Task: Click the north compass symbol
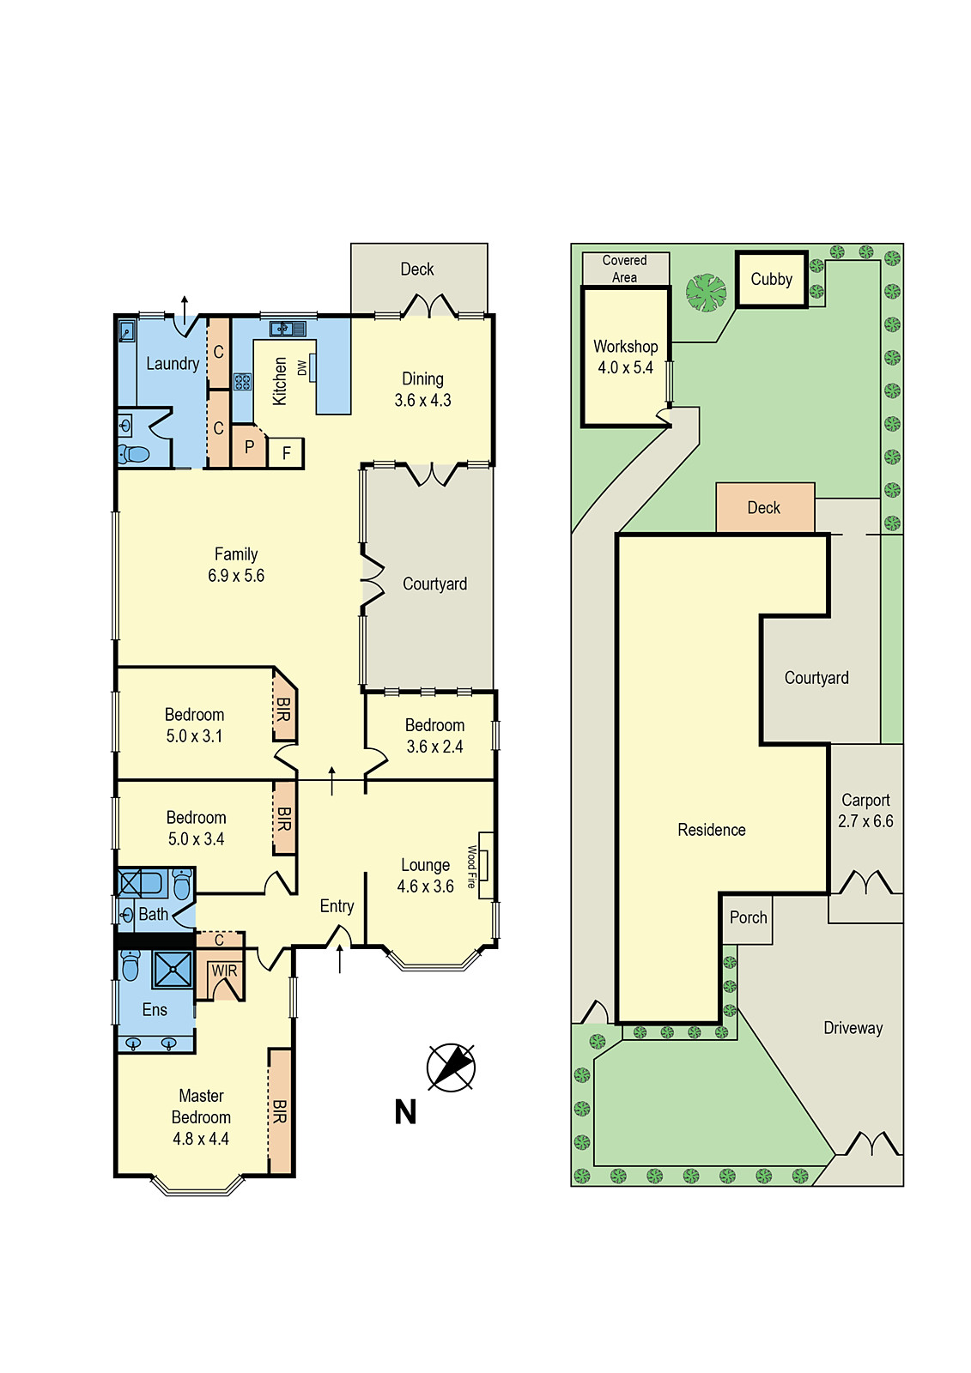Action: pos(451,1068)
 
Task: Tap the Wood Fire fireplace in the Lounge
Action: pos(486,865)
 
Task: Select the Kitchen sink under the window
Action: pos(288,328)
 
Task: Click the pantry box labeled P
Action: pos(249,447)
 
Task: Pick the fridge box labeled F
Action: pos(286,453)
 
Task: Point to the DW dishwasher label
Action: pos(302,368)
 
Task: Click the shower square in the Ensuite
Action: pos(173,970)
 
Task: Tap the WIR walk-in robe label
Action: pos(224,971)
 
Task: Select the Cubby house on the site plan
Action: pos(771,279)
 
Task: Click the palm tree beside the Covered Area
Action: pos(706,293)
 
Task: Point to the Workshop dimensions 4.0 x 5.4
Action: pos(626,368)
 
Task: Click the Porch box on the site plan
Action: pos(748,918)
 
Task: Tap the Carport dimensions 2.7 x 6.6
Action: pos(865,821)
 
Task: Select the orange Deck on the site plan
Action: pos(764,508)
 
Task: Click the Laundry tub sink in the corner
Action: pos(126,330)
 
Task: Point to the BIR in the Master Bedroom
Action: pos(280,1111)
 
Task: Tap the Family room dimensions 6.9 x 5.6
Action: pos(236,576)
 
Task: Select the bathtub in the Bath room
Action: pos(142,883)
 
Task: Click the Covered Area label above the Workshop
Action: pos(625,269)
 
